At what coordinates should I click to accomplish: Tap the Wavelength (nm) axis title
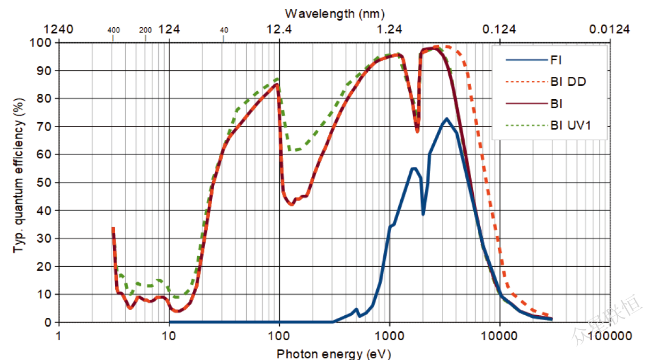pos(335,13)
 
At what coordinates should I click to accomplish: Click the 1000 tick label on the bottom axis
pos(390,336)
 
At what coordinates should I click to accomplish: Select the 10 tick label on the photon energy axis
pos(169,336)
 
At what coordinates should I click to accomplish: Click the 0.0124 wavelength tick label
pos(609,29)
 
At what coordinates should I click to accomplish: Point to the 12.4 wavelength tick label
pos(279,29)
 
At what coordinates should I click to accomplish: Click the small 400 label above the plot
pos(114,30)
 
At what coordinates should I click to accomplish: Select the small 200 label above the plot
pos(145,30)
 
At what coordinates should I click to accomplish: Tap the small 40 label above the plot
pos(224,30)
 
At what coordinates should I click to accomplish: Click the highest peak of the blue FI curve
pos(446,119)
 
